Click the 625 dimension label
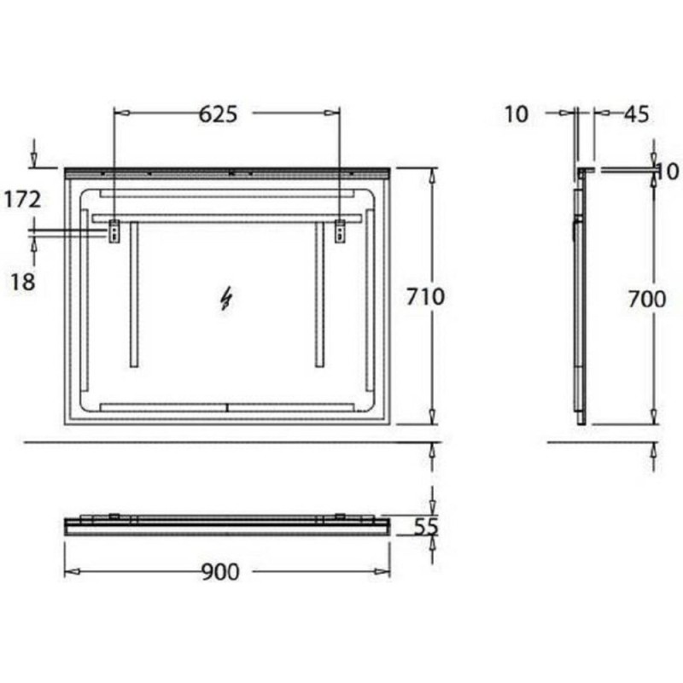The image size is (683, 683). click(218, 114)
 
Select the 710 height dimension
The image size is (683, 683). click(425, 297)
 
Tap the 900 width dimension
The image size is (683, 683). click(220, 572)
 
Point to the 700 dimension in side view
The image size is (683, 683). click(647, 300)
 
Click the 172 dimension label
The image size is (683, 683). click(23, 200)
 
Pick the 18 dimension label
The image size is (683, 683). click(23, 282)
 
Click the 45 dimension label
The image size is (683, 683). click(636, 114)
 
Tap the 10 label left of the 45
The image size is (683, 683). click(517, 114)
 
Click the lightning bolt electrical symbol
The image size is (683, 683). click(225, 299)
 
